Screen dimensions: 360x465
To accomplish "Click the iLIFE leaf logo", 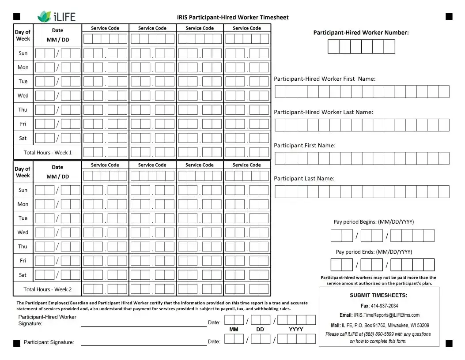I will [x=45, y=17].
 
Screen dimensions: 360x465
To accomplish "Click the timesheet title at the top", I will [x=233, y=18].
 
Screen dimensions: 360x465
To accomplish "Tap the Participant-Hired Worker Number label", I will [x=361, y=33].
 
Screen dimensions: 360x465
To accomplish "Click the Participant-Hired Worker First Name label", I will [x=325, y=79].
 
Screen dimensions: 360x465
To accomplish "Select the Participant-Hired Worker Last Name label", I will [x=323, y=112].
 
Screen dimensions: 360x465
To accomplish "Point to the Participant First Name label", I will [x=305, y=146].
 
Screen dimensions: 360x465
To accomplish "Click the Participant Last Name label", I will [x=304, y=179].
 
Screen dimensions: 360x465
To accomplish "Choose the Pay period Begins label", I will [x=374, y=222].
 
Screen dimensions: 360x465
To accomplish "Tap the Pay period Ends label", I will [x=374, y=252].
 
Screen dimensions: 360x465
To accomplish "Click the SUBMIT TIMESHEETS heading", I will [x=378, y=296].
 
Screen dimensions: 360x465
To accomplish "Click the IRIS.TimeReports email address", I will [x=386, y=315].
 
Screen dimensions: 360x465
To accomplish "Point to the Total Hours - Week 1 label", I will [x=48, y=153].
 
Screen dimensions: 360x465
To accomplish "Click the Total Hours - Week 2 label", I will [x=48, y=289].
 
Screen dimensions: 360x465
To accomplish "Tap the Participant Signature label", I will [x=49, y=342].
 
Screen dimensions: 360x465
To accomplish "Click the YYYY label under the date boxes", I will [x=296, y=330].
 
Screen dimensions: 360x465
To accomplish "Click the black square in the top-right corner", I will [x=449, y=17].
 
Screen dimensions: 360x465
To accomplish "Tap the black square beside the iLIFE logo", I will [x=17, y=17].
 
